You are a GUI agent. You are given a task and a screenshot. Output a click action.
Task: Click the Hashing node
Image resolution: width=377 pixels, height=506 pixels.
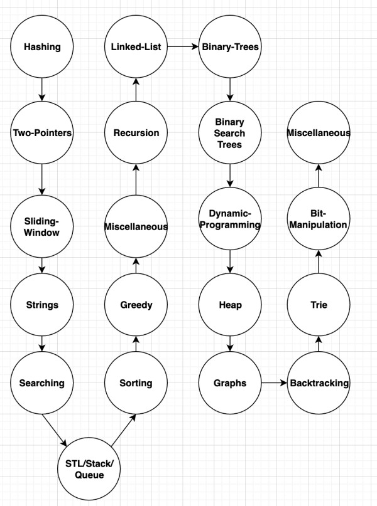[x=42, y=47]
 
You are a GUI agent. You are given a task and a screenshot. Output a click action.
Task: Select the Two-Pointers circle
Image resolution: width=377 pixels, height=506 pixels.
[x=42, y=133]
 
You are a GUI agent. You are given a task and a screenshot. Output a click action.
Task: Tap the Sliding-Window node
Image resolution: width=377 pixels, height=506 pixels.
[x=42, y=226]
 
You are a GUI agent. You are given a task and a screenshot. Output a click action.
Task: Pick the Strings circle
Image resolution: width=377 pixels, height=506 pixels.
[x=42, y=305]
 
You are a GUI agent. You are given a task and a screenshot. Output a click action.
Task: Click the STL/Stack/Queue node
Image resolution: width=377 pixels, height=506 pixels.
[x=89, y=469]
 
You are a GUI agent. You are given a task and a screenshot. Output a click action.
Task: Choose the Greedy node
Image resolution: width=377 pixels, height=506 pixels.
[x=136, y=305]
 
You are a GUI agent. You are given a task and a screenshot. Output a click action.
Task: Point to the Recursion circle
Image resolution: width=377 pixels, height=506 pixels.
[x=136, y=133]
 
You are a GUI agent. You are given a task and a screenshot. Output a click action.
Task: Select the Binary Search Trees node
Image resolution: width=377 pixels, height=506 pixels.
[x=230, y=133]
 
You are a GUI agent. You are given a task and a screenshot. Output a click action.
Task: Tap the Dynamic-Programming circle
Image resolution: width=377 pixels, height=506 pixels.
[x=230, y=219]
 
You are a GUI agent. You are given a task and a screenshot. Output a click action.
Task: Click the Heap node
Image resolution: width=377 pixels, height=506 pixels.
[x=230, y=305]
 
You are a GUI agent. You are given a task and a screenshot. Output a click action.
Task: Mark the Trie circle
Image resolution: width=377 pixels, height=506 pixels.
[x=319, y=305]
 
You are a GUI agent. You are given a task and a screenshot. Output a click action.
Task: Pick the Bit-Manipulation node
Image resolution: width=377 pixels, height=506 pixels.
[x=319, y=219]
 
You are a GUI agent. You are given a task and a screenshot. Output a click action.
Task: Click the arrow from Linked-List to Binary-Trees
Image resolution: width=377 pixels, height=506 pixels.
[x=183, y=47]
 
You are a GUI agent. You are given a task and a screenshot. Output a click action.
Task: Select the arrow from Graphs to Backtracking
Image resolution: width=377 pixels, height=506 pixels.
[x=274, y=383]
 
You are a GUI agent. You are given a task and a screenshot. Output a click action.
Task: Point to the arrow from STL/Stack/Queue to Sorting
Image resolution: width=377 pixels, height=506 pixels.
[x=124, y=431]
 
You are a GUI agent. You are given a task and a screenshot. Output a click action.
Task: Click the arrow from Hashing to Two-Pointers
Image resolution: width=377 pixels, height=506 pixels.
[x=42, y=90]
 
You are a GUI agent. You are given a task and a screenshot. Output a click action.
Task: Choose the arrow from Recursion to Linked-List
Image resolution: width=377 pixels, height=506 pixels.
[x=136, y=90]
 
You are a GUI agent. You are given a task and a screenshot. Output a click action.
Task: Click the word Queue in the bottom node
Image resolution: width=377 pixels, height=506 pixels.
[x=89, y=475]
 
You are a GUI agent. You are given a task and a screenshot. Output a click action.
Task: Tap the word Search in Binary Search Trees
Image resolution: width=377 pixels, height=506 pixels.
[x=229, y=133]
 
